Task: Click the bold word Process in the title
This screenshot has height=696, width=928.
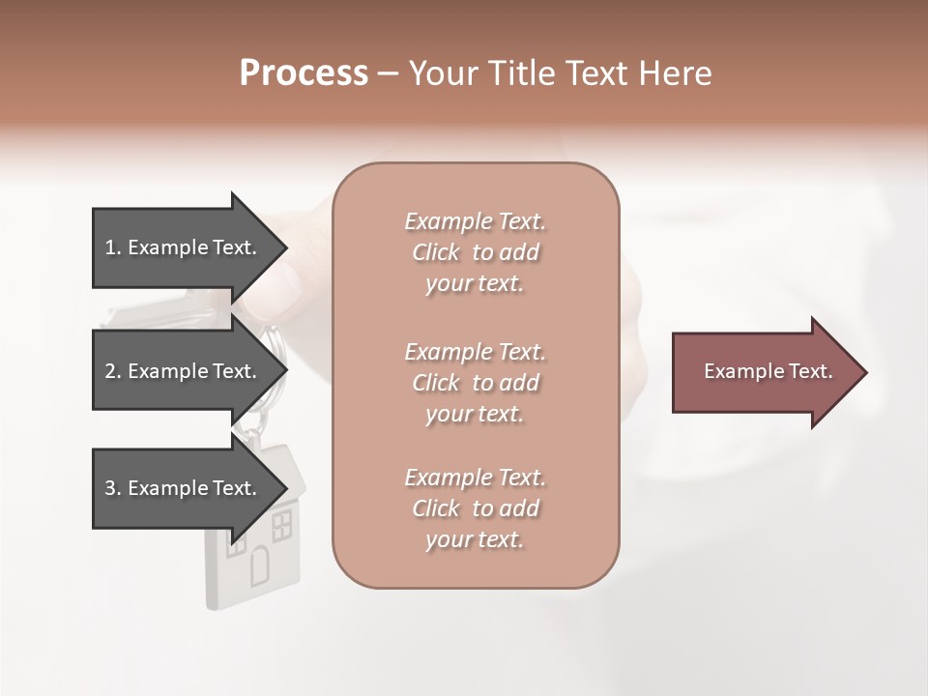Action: tap(304, 73)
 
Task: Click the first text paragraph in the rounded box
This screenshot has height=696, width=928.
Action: tap(475, 252)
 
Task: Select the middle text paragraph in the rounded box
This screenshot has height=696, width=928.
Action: tap(475, 383)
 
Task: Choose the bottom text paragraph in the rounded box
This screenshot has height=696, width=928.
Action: tap(475, 508)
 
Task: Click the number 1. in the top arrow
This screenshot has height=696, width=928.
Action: tap(113, 247)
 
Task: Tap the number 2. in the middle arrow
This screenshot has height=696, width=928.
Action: tap(113, 371)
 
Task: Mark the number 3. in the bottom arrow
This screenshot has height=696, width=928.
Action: tap(113, 488)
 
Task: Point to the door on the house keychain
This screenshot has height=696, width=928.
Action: tap(261, 565)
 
